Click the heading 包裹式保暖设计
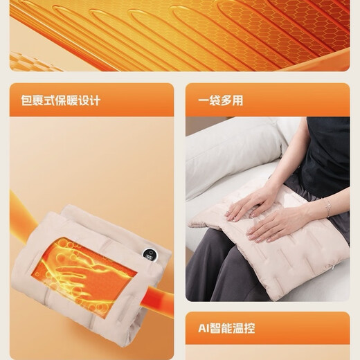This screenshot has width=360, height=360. (x=60, y=100)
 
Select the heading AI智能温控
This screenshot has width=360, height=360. (x=226, y=327)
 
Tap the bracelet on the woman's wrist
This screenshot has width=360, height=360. (x=325, y=206)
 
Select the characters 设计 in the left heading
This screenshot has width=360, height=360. (x=89, y=100)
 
